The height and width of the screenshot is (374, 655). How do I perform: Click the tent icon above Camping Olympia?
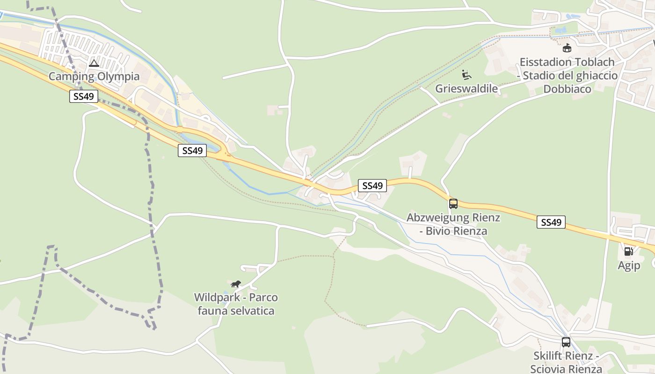[94, 63]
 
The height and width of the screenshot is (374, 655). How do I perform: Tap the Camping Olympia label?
[94, 76]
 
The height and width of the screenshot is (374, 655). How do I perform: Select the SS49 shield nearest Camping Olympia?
[84, 97]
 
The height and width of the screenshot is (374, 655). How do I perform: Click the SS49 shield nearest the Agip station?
[551, 223]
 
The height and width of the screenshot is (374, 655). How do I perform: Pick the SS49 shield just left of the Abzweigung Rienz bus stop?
[372, 186]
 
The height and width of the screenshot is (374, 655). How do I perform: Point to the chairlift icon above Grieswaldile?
[466, 75]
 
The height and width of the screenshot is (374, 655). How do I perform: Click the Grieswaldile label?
[466, 88]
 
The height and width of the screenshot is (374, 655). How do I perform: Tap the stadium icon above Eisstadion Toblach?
[567, 48]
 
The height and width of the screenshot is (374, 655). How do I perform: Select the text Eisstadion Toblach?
[567, 62]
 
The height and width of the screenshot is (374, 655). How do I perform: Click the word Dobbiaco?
[567, 89]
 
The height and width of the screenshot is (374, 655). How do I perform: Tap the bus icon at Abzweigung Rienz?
[453, 204]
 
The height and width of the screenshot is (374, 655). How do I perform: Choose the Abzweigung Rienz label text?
[453, 217]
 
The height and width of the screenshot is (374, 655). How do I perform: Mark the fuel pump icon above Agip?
[628, 252]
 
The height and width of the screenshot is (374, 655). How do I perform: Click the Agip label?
[628, 266]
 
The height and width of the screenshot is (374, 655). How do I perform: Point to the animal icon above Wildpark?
[236, 284]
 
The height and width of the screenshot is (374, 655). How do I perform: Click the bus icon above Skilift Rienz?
[566, 342]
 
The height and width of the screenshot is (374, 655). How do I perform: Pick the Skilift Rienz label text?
[566, 356]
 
